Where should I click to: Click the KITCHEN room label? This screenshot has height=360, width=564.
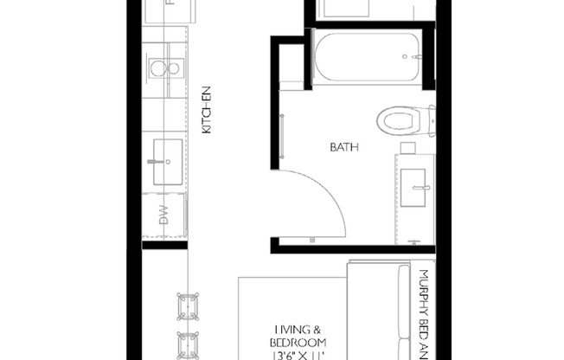pos(207,112)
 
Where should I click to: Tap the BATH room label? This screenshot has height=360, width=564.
pos(343,147)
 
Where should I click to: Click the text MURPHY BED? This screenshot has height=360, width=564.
pos(425,303)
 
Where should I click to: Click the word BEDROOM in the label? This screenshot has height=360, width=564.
pos(298,343)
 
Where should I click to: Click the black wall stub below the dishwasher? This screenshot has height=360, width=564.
pos(163,245)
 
